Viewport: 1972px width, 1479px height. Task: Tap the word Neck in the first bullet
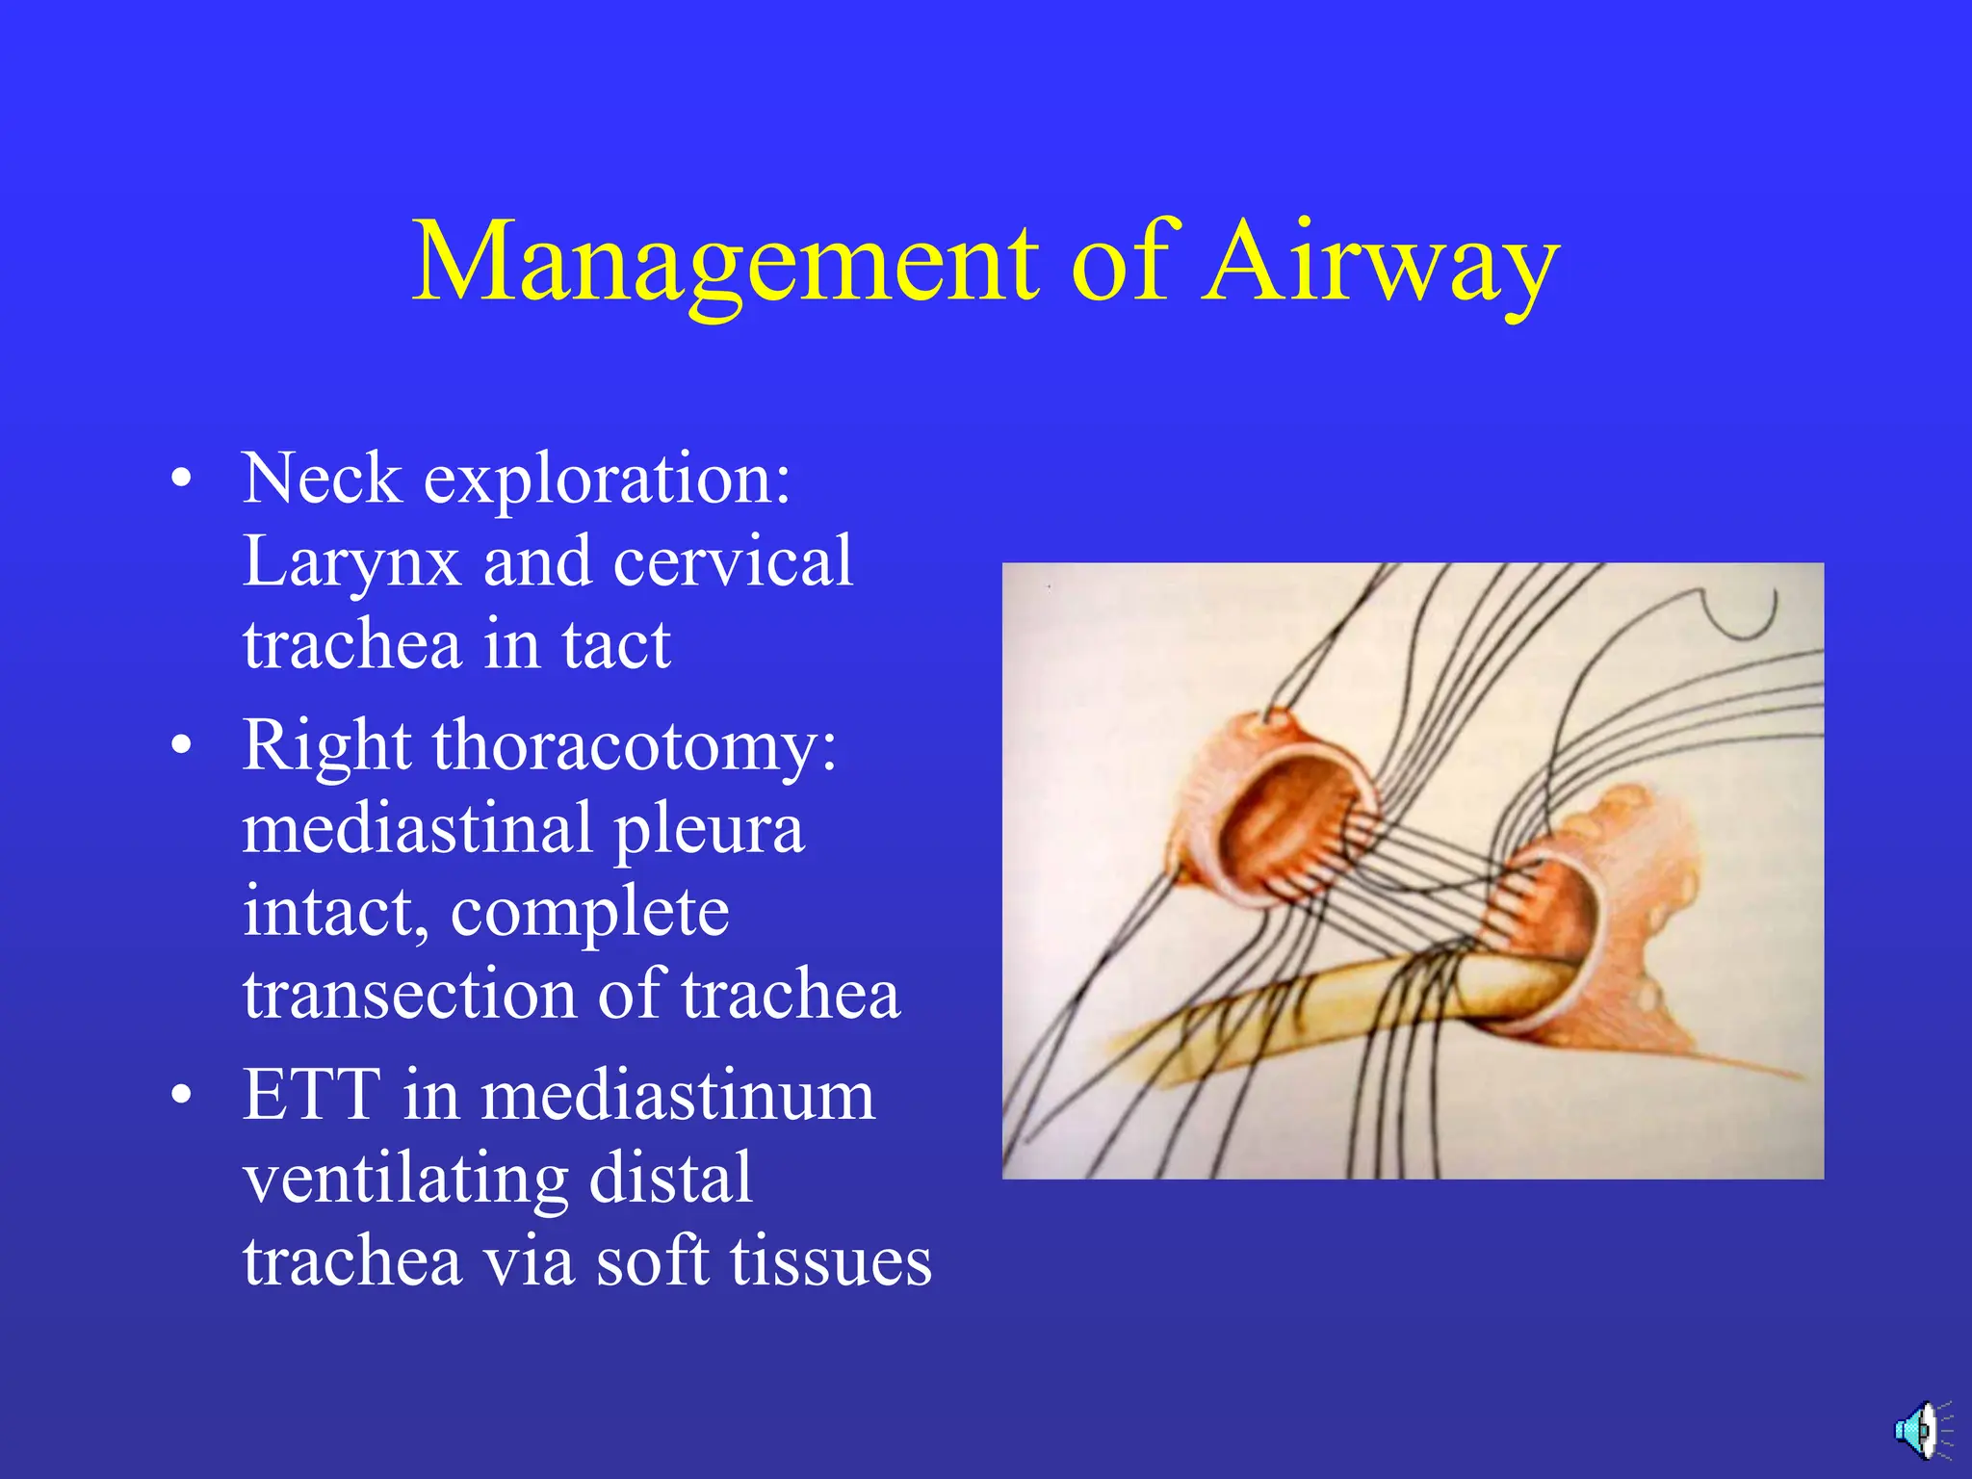(x=322, y=478)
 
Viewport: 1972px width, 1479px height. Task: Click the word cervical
(x=733, y=560)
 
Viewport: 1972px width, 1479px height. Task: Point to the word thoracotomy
(x=635, y=745)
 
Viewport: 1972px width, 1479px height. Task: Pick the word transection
(x=408, y=995)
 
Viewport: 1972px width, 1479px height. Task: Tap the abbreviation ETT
(x=311, y=1094)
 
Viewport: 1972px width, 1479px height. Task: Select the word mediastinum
(x=678, y=1096)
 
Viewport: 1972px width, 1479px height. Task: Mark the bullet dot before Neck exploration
(x=181, y=479)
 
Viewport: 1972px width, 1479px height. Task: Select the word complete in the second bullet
(x=589, y=912)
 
